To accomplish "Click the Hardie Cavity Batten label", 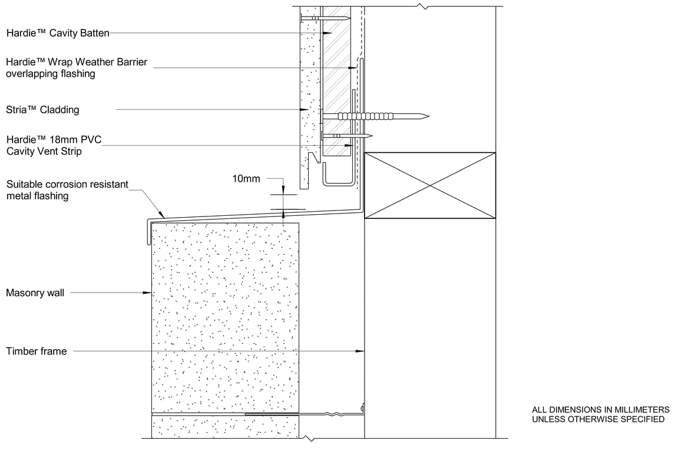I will [58, 34].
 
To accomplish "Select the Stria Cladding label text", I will [42, 110].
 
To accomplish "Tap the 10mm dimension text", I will [246, 178].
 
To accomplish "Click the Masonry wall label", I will [35, 293].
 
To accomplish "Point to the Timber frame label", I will [37, 352].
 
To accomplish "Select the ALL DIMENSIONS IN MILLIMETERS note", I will [600, 409].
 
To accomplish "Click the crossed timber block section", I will [430, 186].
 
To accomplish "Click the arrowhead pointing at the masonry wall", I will [149, 293].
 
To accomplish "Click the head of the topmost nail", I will [302, 19].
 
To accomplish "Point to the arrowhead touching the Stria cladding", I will [305, 110].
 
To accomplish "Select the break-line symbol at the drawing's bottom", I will [309, 439].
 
